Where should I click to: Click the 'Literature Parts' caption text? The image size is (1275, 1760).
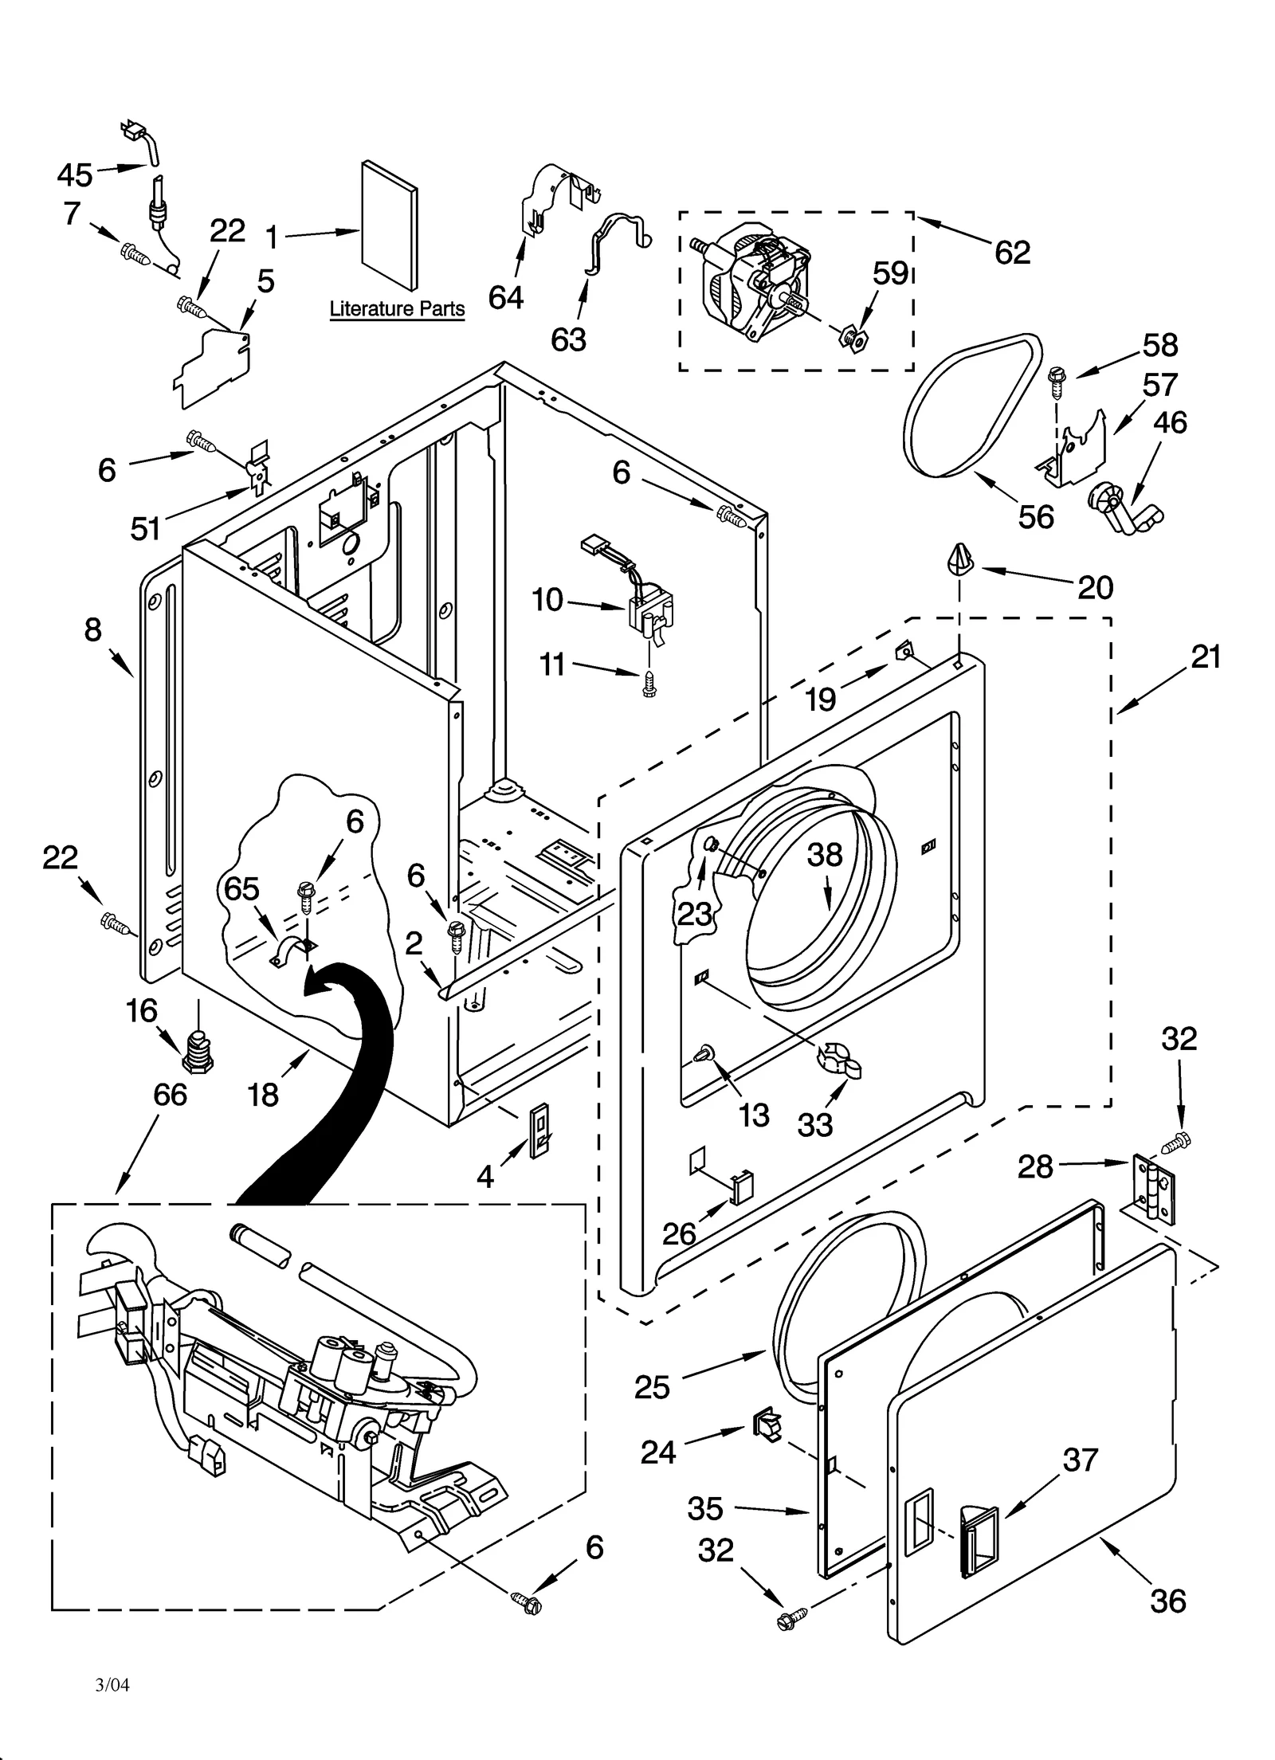(x=397, y=309)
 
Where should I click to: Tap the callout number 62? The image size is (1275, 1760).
(x=1012, y=253)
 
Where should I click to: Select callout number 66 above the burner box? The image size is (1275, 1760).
(x=170, y=1095)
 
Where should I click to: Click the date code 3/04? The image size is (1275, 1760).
(x=112, y=1685)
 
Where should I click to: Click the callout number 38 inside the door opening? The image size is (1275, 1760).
(x=825, y=855)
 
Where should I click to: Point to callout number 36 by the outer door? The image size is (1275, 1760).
(x=1167, y=1600)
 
